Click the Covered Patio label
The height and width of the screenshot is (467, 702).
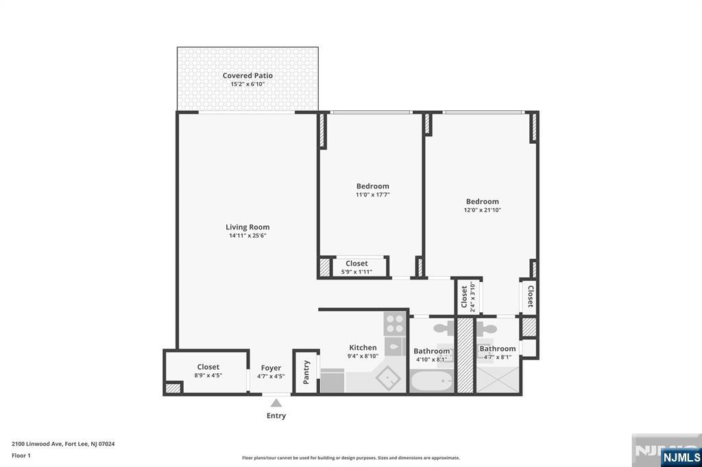247,75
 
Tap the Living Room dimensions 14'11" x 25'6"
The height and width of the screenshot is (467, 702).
247,236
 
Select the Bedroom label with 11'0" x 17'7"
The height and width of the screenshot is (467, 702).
372,186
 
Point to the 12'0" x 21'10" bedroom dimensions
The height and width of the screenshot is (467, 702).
483,210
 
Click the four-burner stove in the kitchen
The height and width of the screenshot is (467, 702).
394,323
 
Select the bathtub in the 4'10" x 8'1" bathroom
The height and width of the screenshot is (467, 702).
431,380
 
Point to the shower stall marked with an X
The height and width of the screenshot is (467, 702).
498,379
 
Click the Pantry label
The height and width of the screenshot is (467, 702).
306,372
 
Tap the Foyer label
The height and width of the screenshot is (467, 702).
271,368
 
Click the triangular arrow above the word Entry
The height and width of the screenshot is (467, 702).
276,403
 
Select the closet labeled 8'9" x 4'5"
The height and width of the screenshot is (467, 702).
208,370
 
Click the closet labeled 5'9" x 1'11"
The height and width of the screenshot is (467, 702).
356,267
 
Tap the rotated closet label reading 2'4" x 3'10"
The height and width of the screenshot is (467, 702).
468,297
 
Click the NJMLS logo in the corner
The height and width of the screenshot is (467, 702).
681,457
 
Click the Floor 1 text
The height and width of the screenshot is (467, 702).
21,455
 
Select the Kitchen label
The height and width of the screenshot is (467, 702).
363,348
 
